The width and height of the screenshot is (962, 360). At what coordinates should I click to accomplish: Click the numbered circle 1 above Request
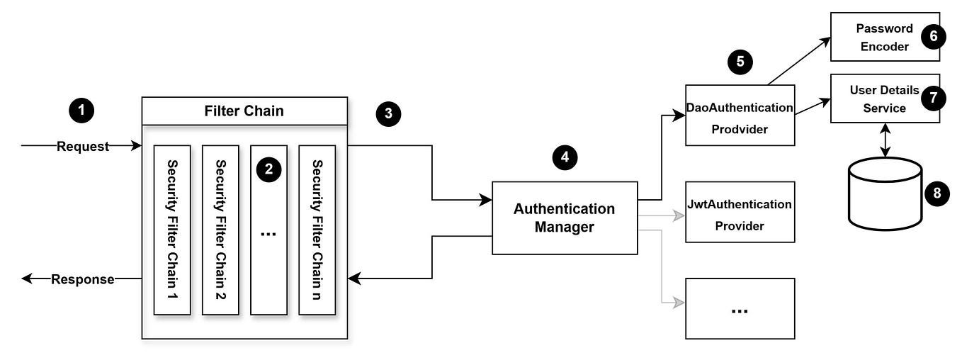[x=82, y=111]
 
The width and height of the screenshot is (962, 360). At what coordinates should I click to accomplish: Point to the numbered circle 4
[x=565, y=157]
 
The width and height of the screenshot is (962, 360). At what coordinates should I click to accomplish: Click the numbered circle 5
[x=740, y=62]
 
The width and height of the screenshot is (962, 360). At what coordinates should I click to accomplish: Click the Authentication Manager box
[x=565, y=218]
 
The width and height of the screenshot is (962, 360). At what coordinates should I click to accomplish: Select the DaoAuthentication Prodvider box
[x=740, y=115]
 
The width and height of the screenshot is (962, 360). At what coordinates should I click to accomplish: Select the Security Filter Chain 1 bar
[x=172, y=230]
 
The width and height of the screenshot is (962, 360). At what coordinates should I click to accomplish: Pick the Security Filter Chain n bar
[x=317, y=230]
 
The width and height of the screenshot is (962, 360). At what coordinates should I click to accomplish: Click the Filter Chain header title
[x=244, y=111]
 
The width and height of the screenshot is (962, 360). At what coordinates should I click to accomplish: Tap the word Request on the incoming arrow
[x=83, y=147]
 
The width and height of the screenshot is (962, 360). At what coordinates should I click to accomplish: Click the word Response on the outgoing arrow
[x=82, y=279]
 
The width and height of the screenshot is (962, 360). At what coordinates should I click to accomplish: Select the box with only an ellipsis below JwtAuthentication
[x=740, y=308]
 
